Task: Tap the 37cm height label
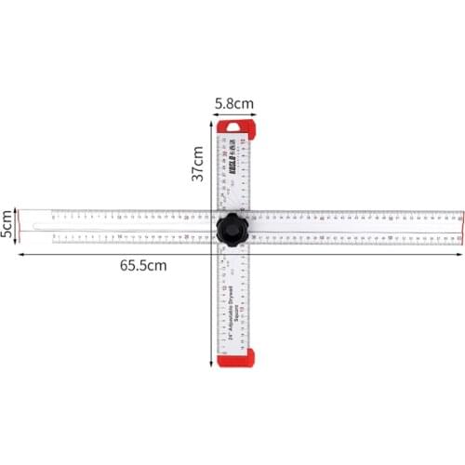198,164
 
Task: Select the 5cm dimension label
7,223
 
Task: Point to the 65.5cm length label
143,265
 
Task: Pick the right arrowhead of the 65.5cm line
461,253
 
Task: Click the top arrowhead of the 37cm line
212,120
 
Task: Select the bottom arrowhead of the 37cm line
212,365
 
